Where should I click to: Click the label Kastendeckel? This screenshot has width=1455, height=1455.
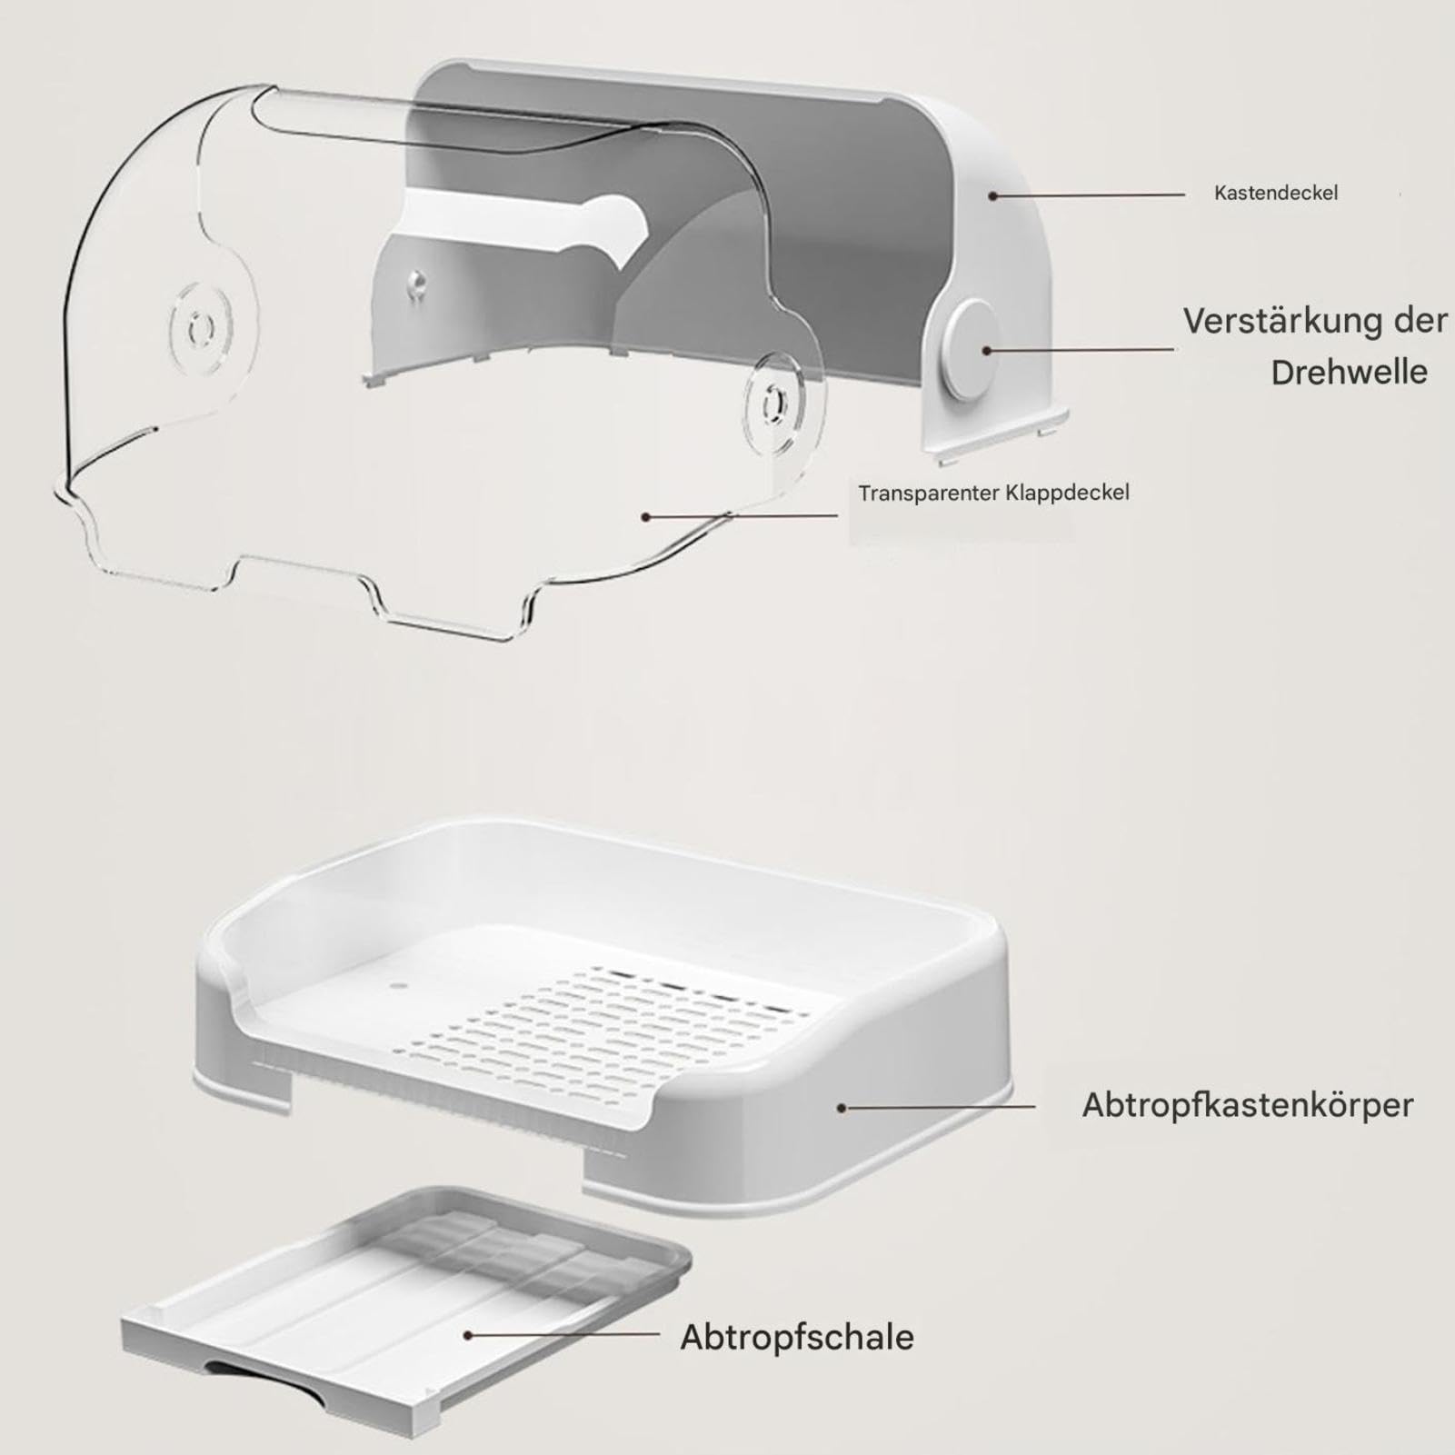(1276, 193)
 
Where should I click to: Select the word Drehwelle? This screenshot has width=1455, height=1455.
(1349, 373)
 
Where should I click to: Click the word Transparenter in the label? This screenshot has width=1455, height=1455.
(929, 493)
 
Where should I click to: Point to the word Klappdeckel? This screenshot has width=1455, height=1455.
(1068, 493)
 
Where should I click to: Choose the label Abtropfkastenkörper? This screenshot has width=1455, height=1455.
(1248, 1106)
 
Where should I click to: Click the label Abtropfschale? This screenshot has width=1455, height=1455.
(797, 1338)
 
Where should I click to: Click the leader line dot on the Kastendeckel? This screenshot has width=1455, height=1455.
(994, 195)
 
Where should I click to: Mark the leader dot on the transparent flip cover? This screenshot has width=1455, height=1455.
(646, 517)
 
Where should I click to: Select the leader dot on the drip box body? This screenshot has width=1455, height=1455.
(842, 1108)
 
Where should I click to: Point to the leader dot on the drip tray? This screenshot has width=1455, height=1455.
(468, 1335)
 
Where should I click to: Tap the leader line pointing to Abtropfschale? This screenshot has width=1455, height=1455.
(563, 1334)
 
